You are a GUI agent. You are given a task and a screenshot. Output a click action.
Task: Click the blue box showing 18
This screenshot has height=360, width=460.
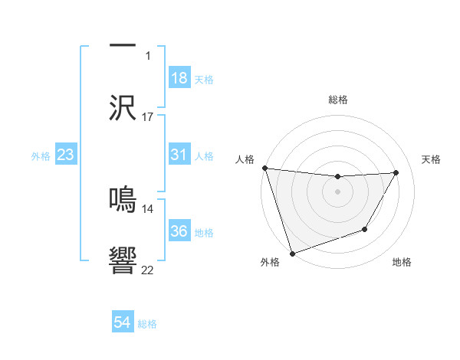point(179,78)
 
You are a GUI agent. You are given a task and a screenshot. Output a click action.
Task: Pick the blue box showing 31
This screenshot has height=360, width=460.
point(179,155)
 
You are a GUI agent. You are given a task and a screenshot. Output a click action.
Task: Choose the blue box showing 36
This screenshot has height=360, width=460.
point(179,231)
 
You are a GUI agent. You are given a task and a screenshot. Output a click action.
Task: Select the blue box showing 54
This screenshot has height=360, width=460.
point(123,323)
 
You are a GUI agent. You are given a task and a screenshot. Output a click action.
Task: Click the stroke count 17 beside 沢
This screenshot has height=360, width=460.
point(148,117)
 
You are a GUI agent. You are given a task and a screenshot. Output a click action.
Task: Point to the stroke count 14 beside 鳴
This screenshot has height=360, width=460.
point(148,208)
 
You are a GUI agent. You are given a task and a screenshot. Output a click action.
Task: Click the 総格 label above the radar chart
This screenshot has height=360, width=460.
point(338,100)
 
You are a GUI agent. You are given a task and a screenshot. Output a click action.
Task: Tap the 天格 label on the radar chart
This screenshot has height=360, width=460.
point(431,159)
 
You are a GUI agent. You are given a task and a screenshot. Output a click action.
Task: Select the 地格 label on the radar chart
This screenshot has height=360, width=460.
point(402,263)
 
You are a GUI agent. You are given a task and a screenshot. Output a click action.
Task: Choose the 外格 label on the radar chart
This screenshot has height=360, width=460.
point(270,263)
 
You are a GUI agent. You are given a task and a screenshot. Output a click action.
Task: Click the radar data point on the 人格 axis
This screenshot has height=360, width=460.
point(264,168)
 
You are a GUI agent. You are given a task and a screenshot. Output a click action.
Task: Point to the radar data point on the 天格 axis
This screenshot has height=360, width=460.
point(396,172)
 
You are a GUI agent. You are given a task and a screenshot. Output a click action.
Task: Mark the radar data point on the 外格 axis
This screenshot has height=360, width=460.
point(292,253)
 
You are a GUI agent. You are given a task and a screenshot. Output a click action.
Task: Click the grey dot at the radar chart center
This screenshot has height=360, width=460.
point(338,191)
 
